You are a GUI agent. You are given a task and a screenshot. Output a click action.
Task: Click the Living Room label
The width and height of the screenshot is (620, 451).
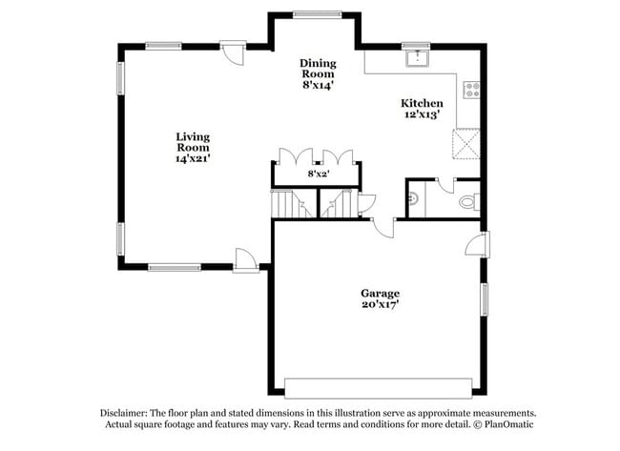192,148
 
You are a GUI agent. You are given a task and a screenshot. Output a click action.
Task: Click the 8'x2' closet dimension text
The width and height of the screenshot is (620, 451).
317,174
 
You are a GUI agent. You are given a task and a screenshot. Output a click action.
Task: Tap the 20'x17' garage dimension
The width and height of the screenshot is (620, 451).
380,304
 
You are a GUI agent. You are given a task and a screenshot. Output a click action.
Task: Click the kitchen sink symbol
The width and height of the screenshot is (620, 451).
416,59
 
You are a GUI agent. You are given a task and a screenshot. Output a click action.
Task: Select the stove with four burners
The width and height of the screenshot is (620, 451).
470,91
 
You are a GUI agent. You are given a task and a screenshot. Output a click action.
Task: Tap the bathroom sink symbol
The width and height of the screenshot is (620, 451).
413,200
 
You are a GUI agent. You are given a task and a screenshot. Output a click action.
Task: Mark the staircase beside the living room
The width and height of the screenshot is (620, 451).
287,204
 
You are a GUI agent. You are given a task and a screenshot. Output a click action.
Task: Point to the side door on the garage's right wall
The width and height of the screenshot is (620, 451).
477,245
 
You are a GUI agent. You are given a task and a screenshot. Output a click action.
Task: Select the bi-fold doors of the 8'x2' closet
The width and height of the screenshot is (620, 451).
317,157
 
